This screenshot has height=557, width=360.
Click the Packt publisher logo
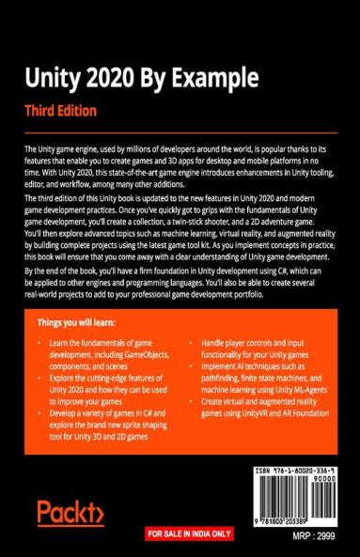(70, 513)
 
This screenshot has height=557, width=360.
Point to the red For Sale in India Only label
(188, 534)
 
